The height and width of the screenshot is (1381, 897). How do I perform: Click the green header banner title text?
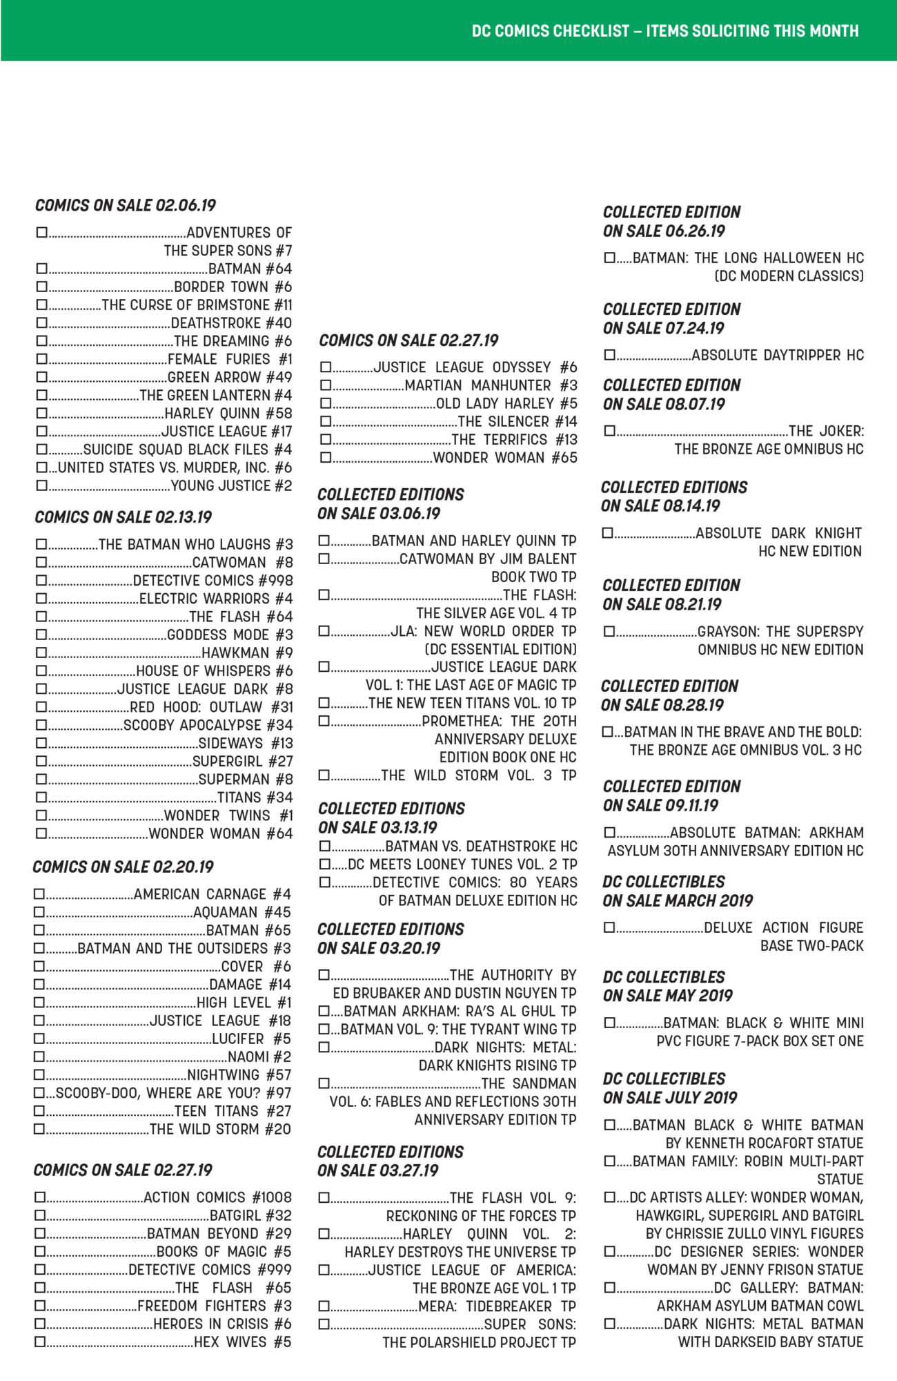tap(665, 31)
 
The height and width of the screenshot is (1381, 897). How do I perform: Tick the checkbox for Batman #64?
tap(41, 268)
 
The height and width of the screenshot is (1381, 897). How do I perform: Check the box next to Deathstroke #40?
tap(41, 322)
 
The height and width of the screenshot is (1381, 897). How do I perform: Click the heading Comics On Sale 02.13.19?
tap(123, 517)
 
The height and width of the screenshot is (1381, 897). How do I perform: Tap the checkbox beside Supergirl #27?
tap(41, 761)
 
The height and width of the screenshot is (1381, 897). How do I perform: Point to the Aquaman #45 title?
tap(242, 912)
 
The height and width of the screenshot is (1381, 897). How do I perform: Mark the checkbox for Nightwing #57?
tap(40, 1074)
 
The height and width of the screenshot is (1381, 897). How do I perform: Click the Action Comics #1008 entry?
tap(217, 1197)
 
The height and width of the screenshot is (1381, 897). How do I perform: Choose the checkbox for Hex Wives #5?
tap(40, 1342)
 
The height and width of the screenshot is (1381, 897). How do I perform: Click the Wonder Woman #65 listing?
tap(505, 457)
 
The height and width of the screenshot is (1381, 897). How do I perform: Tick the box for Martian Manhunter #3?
tap(326, 385)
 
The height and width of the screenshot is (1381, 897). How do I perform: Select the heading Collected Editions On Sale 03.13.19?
tap(391, 818)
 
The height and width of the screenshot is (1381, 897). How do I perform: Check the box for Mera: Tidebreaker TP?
tap(324, 1306)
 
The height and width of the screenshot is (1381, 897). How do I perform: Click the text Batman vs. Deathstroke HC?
tap(481, 847)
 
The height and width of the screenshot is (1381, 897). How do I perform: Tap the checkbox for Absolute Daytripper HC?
tap(609, 355)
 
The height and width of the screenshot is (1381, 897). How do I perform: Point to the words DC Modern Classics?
tap(789, 276)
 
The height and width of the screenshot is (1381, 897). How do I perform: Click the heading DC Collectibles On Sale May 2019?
tap(667, 986)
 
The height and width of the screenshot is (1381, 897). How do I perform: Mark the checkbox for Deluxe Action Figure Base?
tap(609, 927)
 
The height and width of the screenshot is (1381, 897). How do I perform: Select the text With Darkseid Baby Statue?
tap(770, 1342)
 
